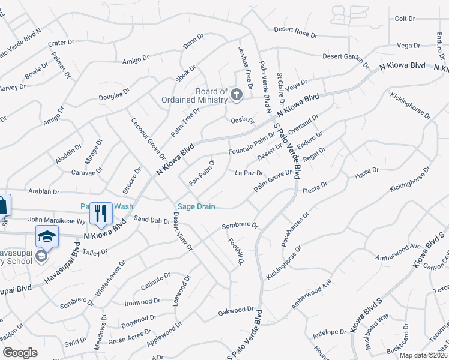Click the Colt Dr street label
pyautogui.click(x=405, y=19)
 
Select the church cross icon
pyautogui.click(x=237, y=95)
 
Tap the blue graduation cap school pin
pyautogui.click(x=47, y=236)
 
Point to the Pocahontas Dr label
pyautogui.click(x=295, y=229)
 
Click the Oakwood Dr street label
pyautogui.click(x=236, y=311)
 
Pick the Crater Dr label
pyautogui.click(x=61, y=43)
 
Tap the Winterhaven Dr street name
pyautogui.click(x=110, y=278)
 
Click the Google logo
pyautogui.click(x=20, y=353)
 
